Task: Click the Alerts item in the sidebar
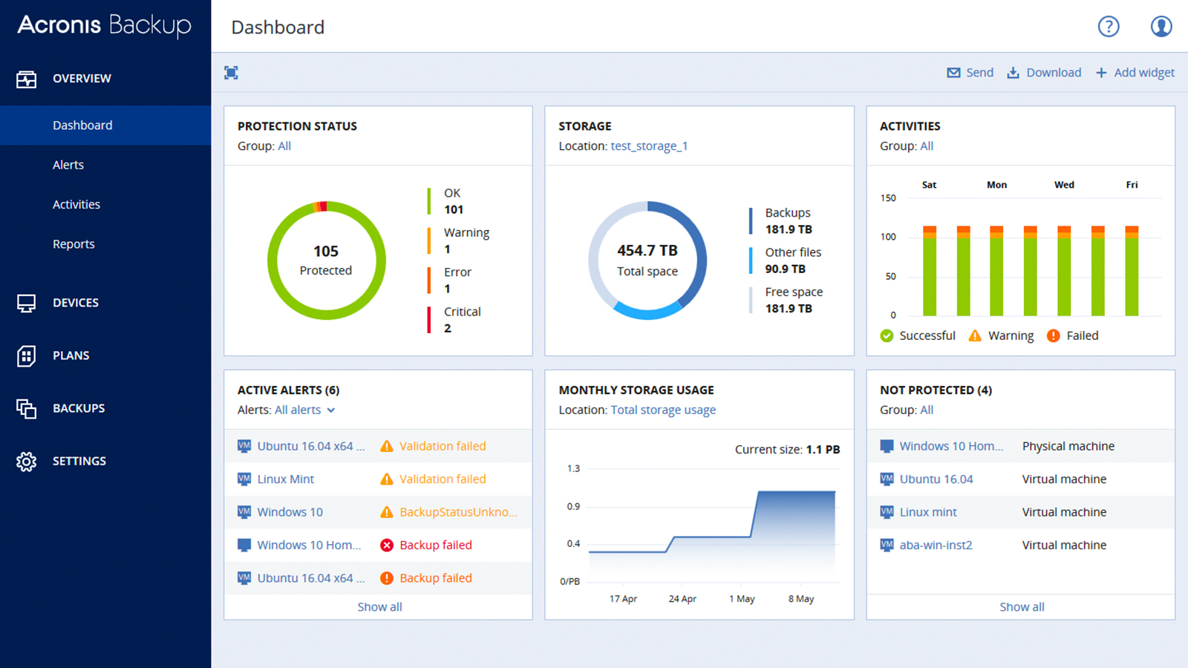coord(68,165)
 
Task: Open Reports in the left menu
coord(74,244)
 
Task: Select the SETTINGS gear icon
coord(27,461)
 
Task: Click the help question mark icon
coord(1108,27)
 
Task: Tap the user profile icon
coord(1161,27)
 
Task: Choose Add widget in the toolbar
coord(1135,73)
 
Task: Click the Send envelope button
coord(970,73)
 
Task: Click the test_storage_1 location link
coord(649,146)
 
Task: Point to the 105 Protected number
coord(326,252)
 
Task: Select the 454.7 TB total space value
coord(647,251)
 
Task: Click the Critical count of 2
coord(448,328)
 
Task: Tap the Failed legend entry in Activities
coord(1073,335)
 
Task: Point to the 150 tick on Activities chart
coord(888,198)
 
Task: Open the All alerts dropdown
coord(304,410)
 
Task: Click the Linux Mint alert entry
coord(286,479)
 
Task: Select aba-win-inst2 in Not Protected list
coord(936,545)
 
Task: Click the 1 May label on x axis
coord(742,599)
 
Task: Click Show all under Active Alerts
coord(379,607)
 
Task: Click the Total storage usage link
coord(663,410)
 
